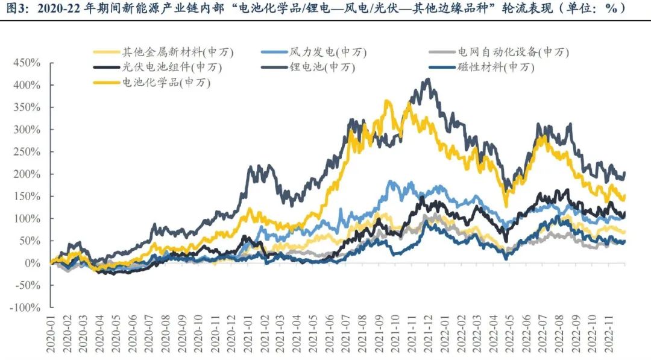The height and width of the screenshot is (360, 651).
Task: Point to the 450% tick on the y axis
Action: [x=27, y=63]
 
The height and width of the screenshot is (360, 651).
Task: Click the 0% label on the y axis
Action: [x=33, y=264]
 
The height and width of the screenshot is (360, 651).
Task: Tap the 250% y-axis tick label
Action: [x=27, y=152]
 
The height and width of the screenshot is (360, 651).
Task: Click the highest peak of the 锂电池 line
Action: [x=428, y=79]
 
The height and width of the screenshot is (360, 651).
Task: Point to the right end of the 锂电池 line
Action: [x=624, y=173]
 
